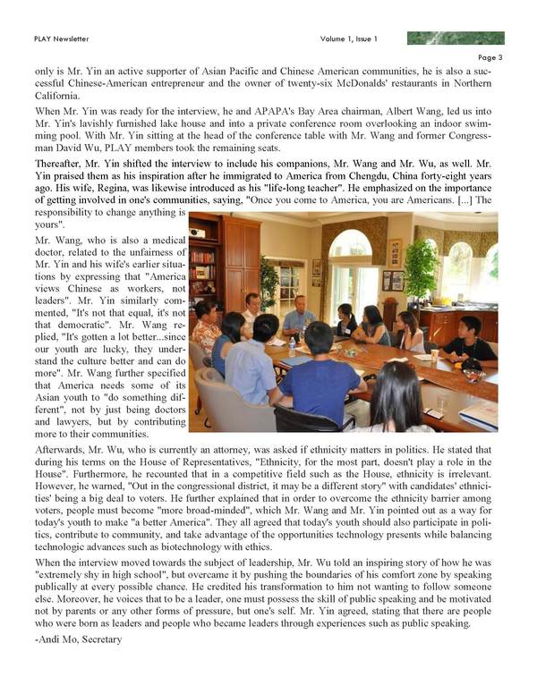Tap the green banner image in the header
pyautogui.click(x=456, y=38)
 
